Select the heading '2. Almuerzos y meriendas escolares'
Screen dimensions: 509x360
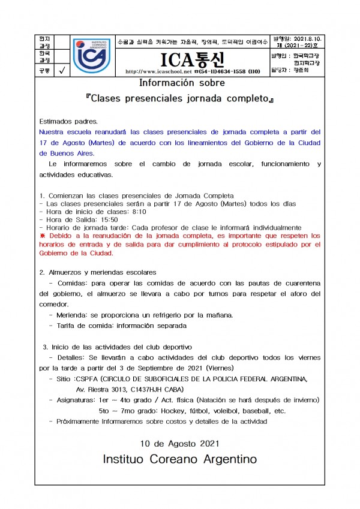(98, 272)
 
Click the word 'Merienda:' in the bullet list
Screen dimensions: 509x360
(76, 315)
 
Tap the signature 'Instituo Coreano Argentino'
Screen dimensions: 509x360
(179, 459)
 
